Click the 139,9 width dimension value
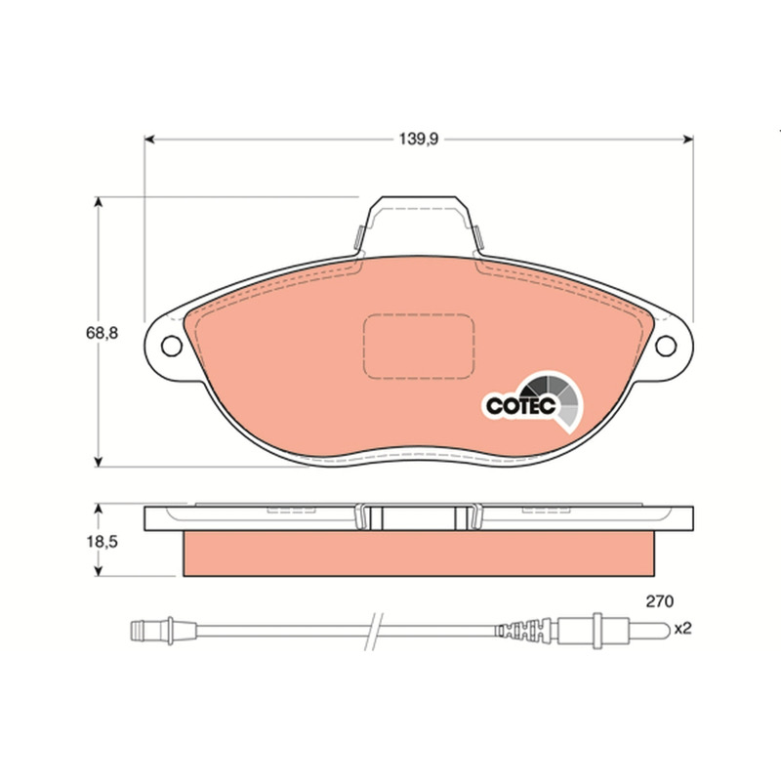[419, 139]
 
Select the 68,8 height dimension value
[103, 333]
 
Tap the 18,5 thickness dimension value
[103, 542]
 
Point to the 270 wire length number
[660, 601]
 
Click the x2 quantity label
[682, 629]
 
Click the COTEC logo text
[520, 405]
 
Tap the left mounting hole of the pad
[172, 347]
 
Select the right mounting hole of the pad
[666, 347]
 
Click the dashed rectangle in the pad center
[419, 314]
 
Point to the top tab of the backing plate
[419, 198]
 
